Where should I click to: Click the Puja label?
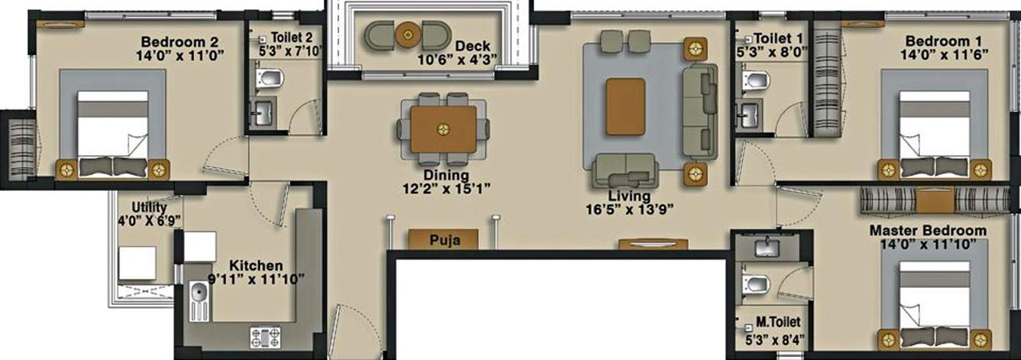pyautogui.click(x=443, y=240)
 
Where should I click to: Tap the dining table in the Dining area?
pyautogui.click(x=443, y=128)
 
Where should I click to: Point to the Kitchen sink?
pyautogui.click(x=199, y=294)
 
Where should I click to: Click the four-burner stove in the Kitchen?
pyautogui.click(x=265, y=337)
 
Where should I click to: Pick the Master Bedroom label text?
pyautogui.click(x=928, y=230)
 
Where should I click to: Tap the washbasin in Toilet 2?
pyautogui.click(x=262, y=115)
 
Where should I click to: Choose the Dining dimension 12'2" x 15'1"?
pyautogui.click(x=446, y=187)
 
